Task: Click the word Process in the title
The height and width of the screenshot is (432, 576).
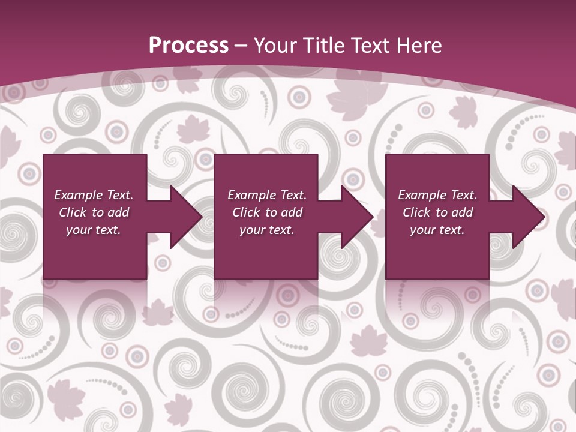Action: pyautogui.click(x=188, y=46)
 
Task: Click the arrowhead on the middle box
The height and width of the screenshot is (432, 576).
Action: pyautogui.click(x=355, y=217)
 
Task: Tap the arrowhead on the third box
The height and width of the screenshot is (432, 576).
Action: pyautogui.click(x=527, y=217)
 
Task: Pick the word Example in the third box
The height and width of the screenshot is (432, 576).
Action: pyautogui.click(x=422, y=195)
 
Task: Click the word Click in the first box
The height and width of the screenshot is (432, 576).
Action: pyautogui.click(x=73, y=212)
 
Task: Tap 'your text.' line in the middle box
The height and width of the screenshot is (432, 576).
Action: pyautogui.click(x=266, y=230)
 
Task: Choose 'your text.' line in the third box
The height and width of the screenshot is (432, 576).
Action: pyautogui.click(x=437, y=230)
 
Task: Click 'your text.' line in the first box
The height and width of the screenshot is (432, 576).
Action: pyautogui.click(x=93, y=230)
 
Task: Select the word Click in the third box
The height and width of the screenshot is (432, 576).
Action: pyautogui.click(x=416, y=212)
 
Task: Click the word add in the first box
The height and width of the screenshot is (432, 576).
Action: pyautogui.click(x=118, y=212)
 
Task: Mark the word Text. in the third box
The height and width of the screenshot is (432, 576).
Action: pyautogui.click(x=463, y=195)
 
